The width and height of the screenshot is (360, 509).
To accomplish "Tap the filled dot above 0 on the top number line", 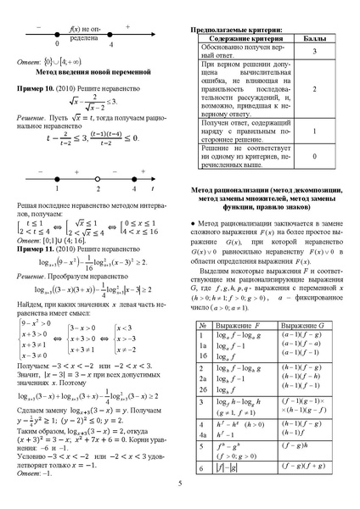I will (56, 33).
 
